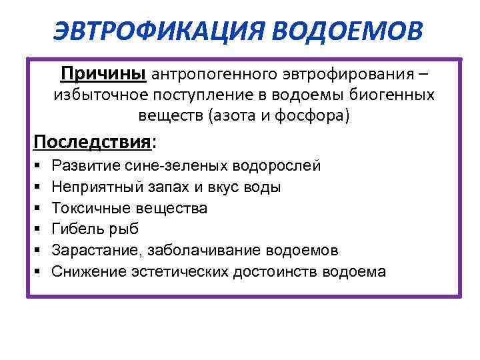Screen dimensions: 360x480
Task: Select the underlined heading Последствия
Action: (92, 143)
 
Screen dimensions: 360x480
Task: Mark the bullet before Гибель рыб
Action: (37, 229)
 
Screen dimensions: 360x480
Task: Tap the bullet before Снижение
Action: (37, 272)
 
